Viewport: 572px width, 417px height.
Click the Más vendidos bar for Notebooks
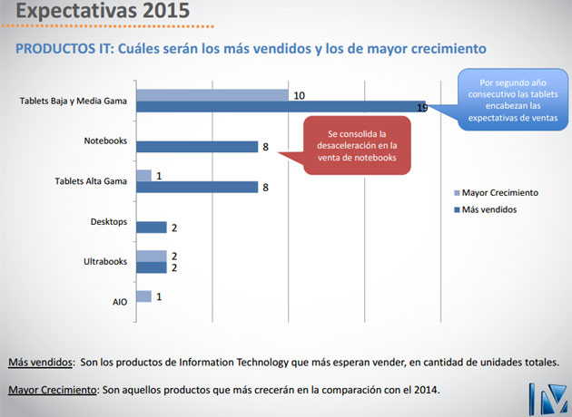pos(197,146)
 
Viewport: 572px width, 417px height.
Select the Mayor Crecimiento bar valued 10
pos(212,94)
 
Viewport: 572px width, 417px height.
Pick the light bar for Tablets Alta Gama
pos(143,175)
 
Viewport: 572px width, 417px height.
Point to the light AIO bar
pos(143,296)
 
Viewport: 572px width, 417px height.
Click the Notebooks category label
pos(104,141)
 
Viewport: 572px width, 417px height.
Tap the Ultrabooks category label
pos(105,263)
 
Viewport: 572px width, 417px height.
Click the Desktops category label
pos(108,222)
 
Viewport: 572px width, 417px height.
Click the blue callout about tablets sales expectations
pos(508,100)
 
